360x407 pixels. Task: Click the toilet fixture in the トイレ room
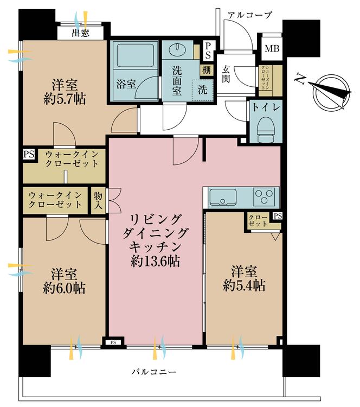click(266, 129)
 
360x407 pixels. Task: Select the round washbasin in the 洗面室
click(177, 48)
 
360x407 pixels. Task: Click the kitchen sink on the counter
click(223, 197)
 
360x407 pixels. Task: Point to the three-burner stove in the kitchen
click(264, 197)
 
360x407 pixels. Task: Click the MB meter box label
click(272, 48)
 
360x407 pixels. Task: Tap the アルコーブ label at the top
click(249, 15)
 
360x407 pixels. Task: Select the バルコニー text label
click(154, 372)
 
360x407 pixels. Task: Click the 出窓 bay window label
click(80, 33)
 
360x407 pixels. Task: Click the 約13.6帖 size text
click(155, 261)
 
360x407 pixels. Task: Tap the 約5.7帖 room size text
click(65, 99)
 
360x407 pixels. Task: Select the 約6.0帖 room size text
click(64, 288)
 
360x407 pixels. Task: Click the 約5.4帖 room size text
click(244, 285)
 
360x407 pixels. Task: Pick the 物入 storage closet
click(98, 200)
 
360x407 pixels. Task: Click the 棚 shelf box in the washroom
click(207, 70)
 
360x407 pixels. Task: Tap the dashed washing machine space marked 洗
click(203, 90)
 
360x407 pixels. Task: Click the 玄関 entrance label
click(226, 74)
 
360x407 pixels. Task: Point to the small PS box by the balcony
click(113, 342)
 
